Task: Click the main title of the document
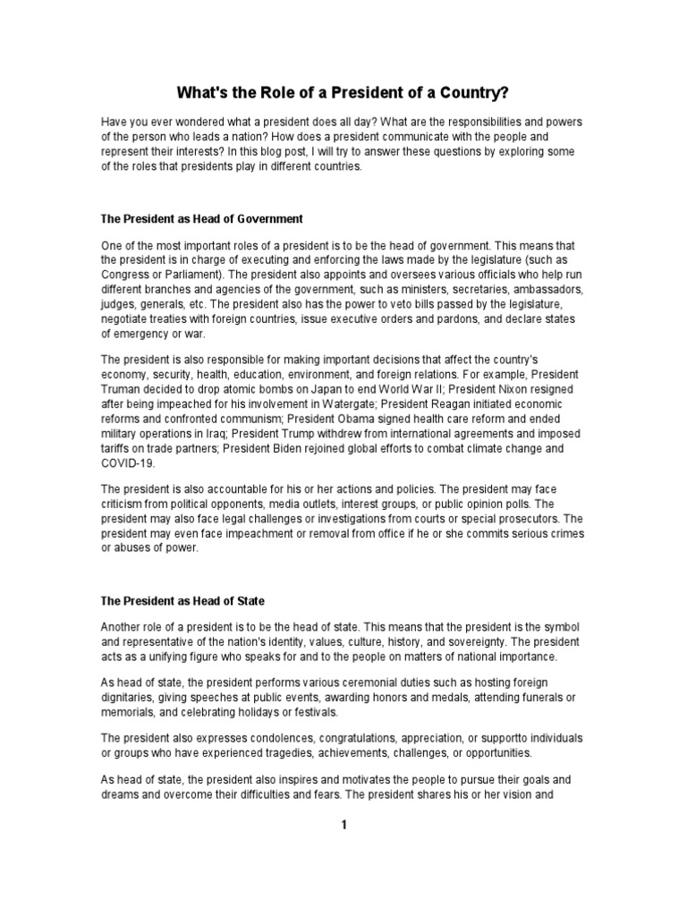click(x=343, y=91)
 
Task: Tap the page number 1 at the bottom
click(x=343, y=825)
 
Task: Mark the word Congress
click(x=126, y=276)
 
